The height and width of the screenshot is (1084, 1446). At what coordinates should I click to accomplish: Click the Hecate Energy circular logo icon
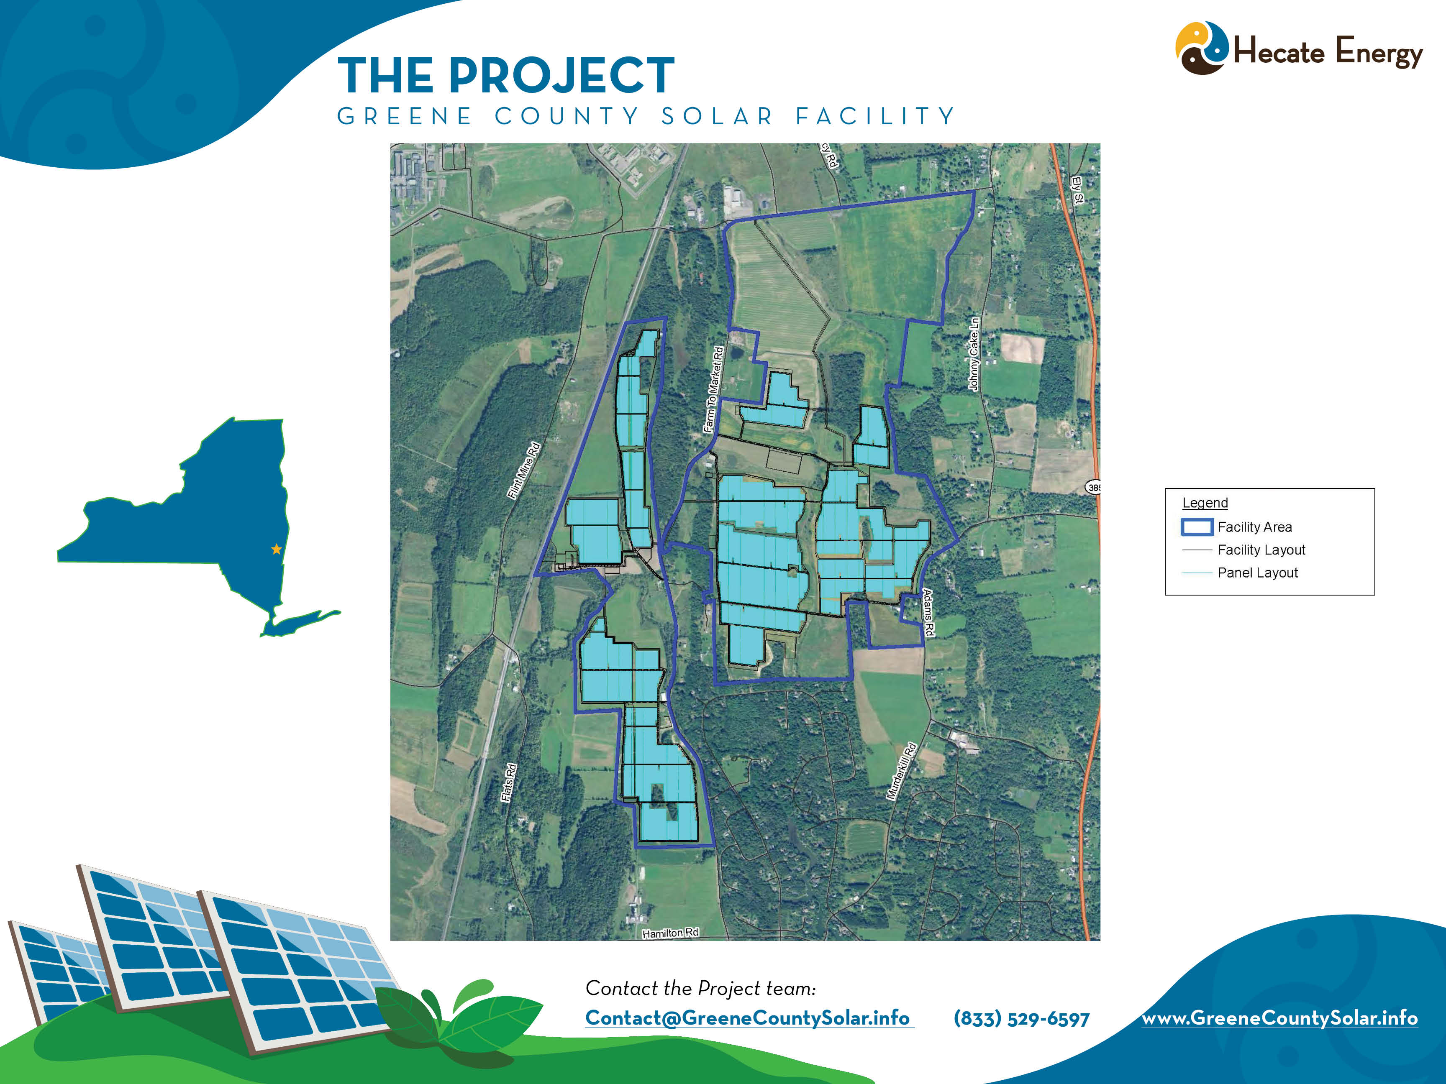coord(1202,48)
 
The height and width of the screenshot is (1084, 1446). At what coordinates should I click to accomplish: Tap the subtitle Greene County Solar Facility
coord(646,116)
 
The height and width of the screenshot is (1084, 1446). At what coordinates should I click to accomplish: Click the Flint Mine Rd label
coord(524,470)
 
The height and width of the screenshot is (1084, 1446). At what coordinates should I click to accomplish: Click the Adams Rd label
coord(928,612)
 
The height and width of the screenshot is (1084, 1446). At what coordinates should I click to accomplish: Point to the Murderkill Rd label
coord(902,771)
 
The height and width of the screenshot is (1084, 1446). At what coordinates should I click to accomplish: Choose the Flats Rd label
coord(509,782)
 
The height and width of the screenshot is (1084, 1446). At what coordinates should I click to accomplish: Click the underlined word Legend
coord(1205,502)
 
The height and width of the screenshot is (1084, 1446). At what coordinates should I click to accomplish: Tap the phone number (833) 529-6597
coord(1021,1018)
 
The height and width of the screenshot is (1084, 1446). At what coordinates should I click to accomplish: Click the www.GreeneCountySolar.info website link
coord(1279,1018)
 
